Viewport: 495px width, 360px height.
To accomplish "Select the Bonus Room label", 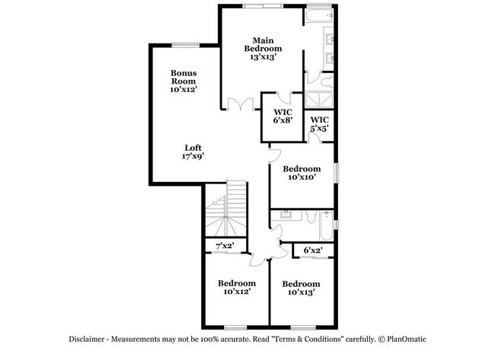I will (x=184, y=77).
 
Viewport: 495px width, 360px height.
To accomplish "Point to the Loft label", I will (x=193, y=148).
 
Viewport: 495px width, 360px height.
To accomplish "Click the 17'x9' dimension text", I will (x=193, y=157).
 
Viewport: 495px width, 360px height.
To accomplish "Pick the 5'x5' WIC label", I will (x=320, y=124).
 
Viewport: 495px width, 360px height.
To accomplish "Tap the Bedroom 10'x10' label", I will (x=302, y=173).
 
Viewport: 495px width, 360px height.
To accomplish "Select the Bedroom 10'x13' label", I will (x=302, y=288).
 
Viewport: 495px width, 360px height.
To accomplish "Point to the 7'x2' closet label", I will (x=225, y=246).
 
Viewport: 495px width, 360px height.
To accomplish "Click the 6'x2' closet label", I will (x=313, y=250).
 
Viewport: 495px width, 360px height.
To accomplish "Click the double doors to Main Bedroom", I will (x=241, y=105).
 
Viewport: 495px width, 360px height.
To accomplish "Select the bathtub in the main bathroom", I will (x=319, y=15).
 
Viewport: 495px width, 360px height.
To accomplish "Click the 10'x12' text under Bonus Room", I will (x=184, y=90).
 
